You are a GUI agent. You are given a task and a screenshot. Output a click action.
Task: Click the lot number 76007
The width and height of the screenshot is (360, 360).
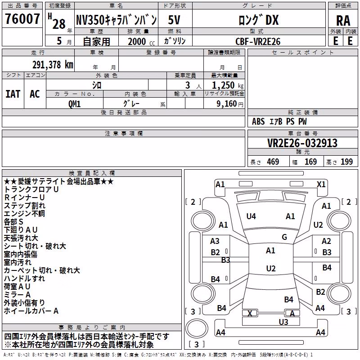22,18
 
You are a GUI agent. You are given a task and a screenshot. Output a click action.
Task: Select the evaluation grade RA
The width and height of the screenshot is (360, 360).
343,21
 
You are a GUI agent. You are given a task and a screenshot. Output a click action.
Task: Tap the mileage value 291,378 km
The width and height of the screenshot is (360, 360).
53,64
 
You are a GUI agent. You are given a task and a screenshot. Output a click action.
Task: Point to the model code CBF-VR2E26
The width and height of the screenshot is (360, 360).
258,41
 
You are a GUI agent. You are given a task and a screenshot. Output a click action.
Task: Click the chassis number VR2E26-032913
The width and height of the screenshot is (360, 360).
302,143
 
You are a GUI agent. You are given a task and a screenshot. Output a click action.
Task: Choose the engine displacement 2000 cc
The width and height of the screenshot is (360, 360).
141,41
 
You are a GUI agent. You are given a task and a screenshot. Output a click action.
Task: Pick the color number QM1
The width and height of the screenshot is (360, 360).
74,104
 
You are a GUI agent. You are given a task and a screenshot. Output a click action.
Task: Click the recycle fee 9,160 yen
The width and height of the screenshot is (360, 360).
230,104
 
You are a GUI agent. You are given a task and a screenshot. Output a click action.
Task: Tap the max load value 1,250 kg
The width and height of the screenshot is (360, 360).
228,85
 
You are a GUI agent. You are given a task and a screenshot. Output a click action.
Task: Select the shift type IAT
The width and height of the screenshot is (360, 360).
13,94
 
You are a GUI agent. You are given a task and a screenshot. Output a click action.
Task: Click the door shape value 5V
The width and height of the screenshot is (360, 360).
174,20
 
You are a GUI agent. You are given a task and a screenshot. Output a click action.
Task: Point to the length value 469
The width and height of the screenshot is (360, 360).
273,162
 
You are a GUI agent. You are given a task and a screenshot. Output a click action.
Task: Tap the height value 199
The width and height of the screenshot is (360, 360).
346,162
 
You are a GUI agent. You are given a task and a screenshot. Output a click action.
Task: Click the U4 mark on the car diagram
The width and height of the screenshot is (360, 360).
251,216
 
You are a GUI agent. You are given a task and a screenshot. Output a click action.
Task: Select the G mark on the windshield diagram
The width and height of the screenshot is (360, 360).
284,237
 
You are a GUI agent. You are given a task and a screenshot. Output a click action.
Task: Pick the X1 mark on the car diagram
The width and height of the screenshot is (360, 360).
321,184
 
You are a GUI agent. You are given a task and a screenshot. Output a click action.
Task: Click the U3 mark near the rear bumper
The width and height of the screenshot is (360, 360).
283,322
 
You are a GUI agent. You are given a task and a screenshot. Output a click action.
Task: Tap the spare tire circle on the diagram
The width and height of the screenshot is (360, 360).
197,328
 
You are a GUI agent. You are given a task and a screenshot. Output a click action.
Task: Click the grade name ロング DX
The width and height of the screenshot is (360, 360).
259,20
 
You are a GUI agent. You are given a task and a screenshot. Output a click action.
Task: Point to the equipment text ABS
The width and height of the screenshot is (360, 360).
258,121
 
